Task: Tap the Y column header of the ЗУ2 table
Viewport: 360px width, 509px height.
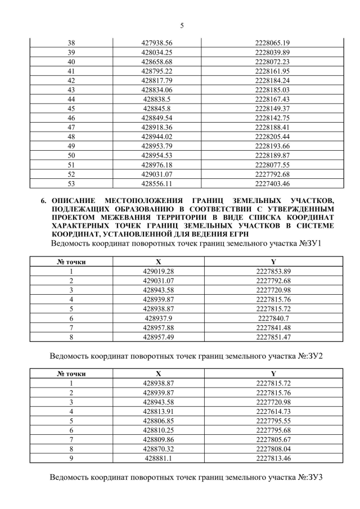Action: point(272,373)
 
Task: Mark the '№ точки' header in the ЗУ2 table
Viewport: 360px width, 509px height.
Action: point(71,373)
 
